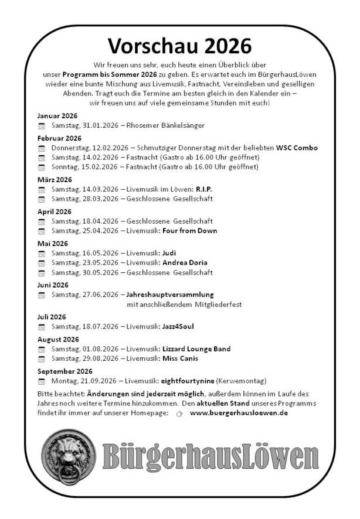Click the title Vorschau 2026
click(x=180, y=46)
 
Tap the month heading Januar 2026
click(x=57, y=115)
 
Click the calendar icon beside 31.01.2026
click(x=42, y=126)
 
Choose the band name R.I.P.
click(x=203, y=189)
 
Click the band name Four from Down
click(x=189, y=231)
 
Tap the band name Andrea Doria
click(x=185, y=262)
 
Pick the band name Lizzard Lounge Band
click(x=196, y=349)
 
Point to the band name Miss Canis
click(x=180, y=358)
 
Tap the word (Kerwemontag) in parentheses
click(x=242, y=381)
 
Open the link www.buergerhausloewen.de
click(x=239, y=413)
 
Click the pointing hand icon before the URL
click(x=179, y=414)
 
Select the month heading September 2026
click(x=64, y=371)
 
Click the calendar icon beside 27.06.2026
click(x=42, y=295)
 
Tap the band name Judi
click(x=169, y=253)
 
